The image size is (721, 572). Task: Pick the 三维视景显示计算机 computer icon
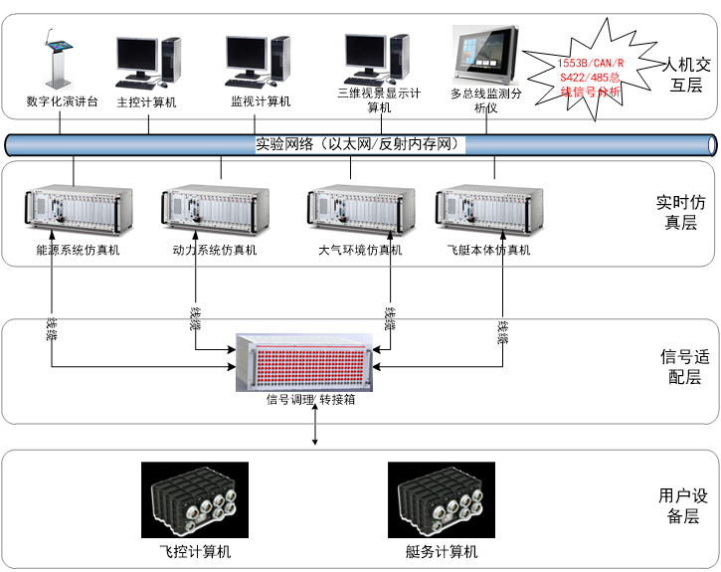pos(376,58)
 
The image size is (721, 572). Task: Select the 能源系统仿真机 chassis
pos(74,211)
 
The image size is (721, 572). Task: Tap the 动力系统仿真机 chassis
pos(211,211)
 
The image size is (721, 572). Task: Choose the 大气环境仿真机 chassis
pos(356,211)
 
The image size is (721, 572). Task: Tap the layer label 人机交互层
pos(681,75)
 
